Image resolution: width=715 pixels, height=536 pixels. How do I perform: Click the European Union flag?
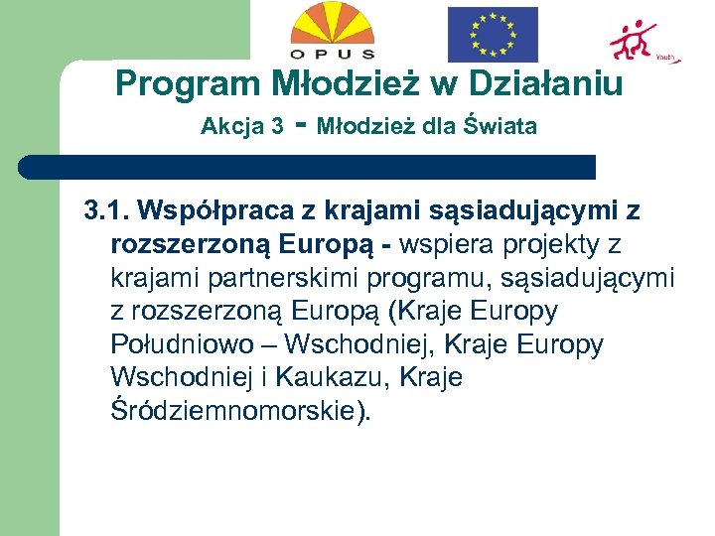coord(492,35)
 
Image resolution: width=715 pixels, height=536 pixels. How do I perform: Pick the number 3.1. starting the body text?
coord(106,210)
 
